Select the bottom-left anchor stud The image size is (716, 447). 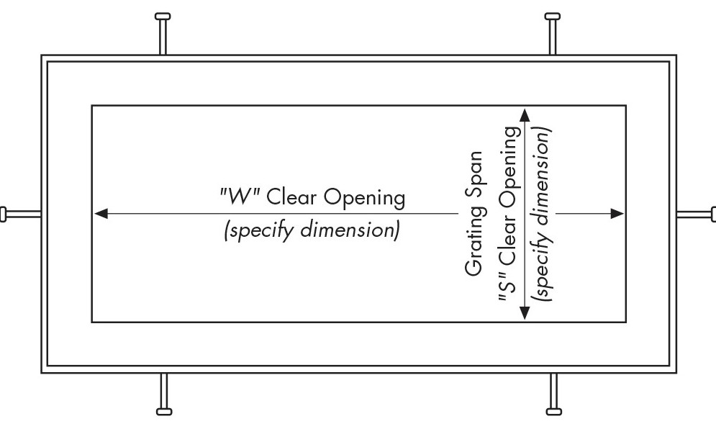[164, 393]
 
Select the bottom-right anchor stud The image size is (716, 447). [553, 393]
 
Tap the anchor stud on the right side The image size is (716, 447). [697, 214]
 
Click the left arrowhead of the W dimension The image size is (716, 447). [101, 214]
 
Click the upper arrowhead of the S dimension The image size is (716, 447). [525, 115]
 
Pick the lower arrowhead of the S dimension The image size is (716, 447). [525, 313]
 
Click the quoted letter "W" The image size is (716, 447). [240, 197]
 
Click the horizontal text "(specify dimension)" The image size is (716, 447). [312, 232]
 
